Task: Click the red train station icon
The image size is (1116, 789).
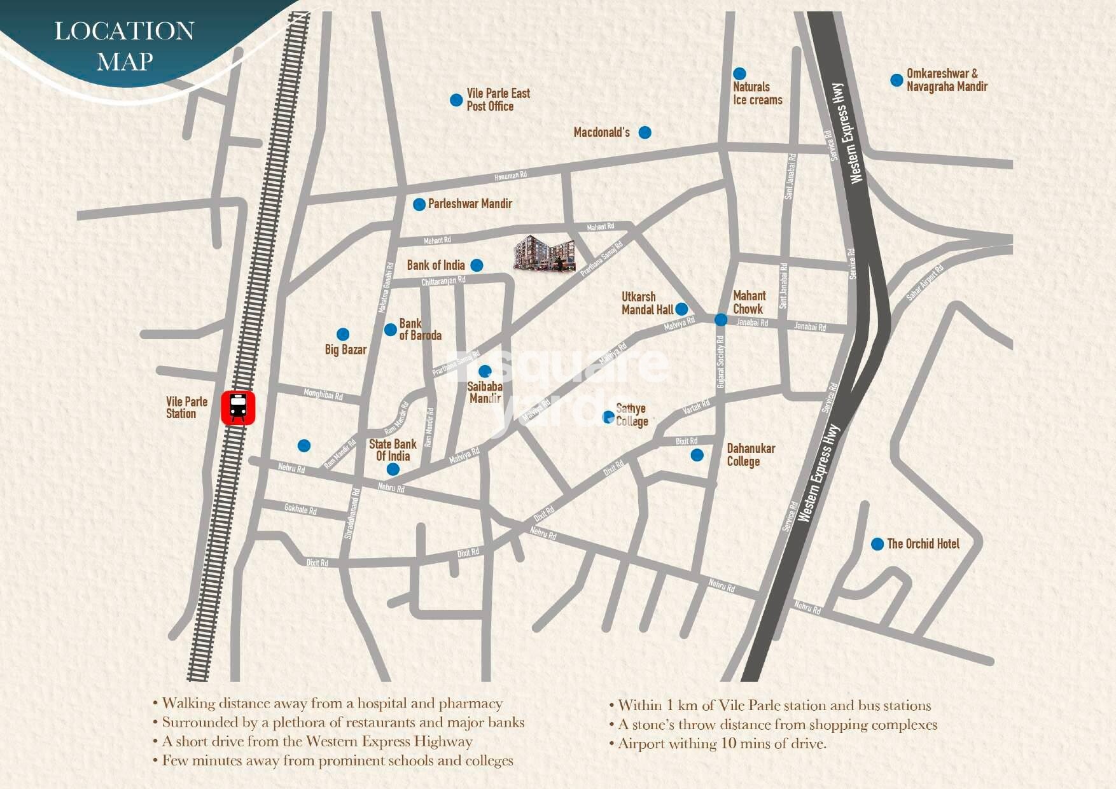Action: point(238,408)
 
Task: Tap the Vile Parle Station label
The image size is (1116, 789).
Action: point(186,407)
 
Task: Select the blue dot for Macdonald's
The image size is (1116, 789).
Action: point(645,132)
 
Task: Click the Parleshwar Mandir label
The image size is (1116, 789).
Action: point(470,204)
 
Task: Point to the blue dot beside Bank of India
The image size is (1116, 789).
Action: point(477,265)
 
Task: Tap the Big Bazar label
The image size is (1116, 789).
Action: point(345,349)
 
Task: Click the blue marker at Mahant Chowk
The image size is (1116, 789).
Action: point(720,319)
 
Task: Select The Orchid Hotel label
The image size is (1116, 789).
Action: point(923,543)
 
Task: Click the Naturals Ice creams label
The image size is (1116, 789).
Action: point(757,94)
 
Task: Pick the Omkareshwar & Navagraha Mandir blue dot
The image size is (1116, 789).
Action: point(896,80)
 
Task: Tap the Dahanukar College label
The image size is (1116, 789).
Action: point(751,455)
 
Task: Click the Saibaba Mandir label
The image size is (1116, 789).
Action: point(485,392)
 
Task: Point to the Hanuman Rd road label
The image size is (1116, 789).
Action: point(510,176)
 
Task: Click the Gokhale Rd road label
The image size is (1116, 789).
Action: point(300,509)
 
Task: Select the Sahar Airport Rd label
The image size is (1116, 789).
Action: point(924,283)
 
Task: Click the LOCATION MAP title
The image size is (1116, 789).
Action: point(124,46)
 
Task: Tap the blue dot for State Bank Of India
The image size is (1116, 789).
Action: point(393,470)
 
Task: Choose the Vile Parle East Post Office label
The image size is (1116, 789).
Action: point(498,100)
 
